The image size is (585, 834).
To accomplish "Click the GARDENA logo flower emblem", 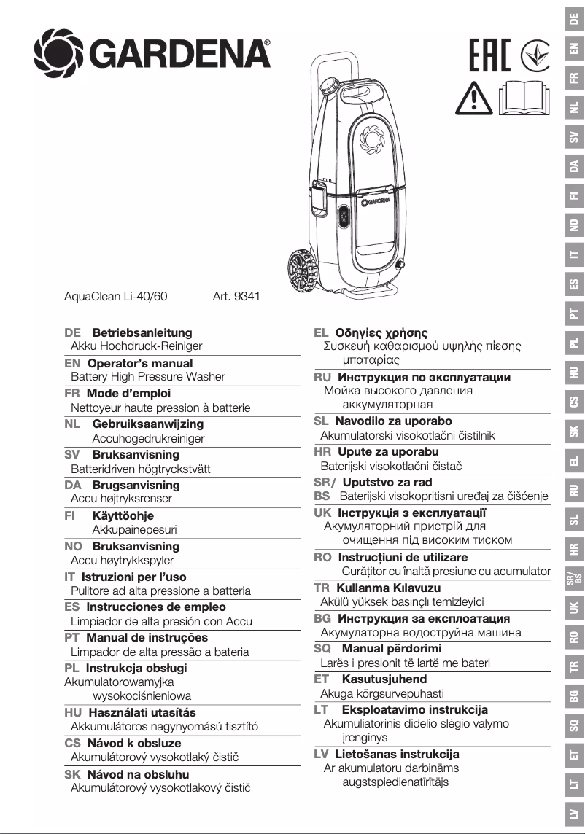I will (x=58, y=52).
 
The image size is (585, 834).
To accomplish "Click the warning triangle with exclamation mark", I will (x=474, y=98).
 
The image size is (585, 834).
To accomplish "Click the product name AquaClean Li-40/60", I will (x=116, y=297).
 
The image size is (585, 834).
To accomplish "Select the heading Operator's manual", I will (x=140, y=363).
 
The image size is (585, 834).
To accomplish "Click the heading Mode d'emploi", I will (x=128, y=393).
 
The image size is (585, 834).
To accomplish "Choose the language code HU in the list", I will (x=72, y=712).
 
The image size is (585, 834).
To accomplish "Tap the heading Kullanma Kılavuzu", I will (x=388, y=588).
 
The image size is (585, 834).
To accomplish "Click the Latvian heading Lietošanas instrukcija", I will (x=397, y=754).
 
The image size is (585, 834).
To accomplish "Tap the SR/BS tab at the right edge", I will (x=575, y=579).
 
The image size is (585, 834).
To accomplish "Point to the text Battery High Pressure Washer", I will (x=148, y=377).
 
